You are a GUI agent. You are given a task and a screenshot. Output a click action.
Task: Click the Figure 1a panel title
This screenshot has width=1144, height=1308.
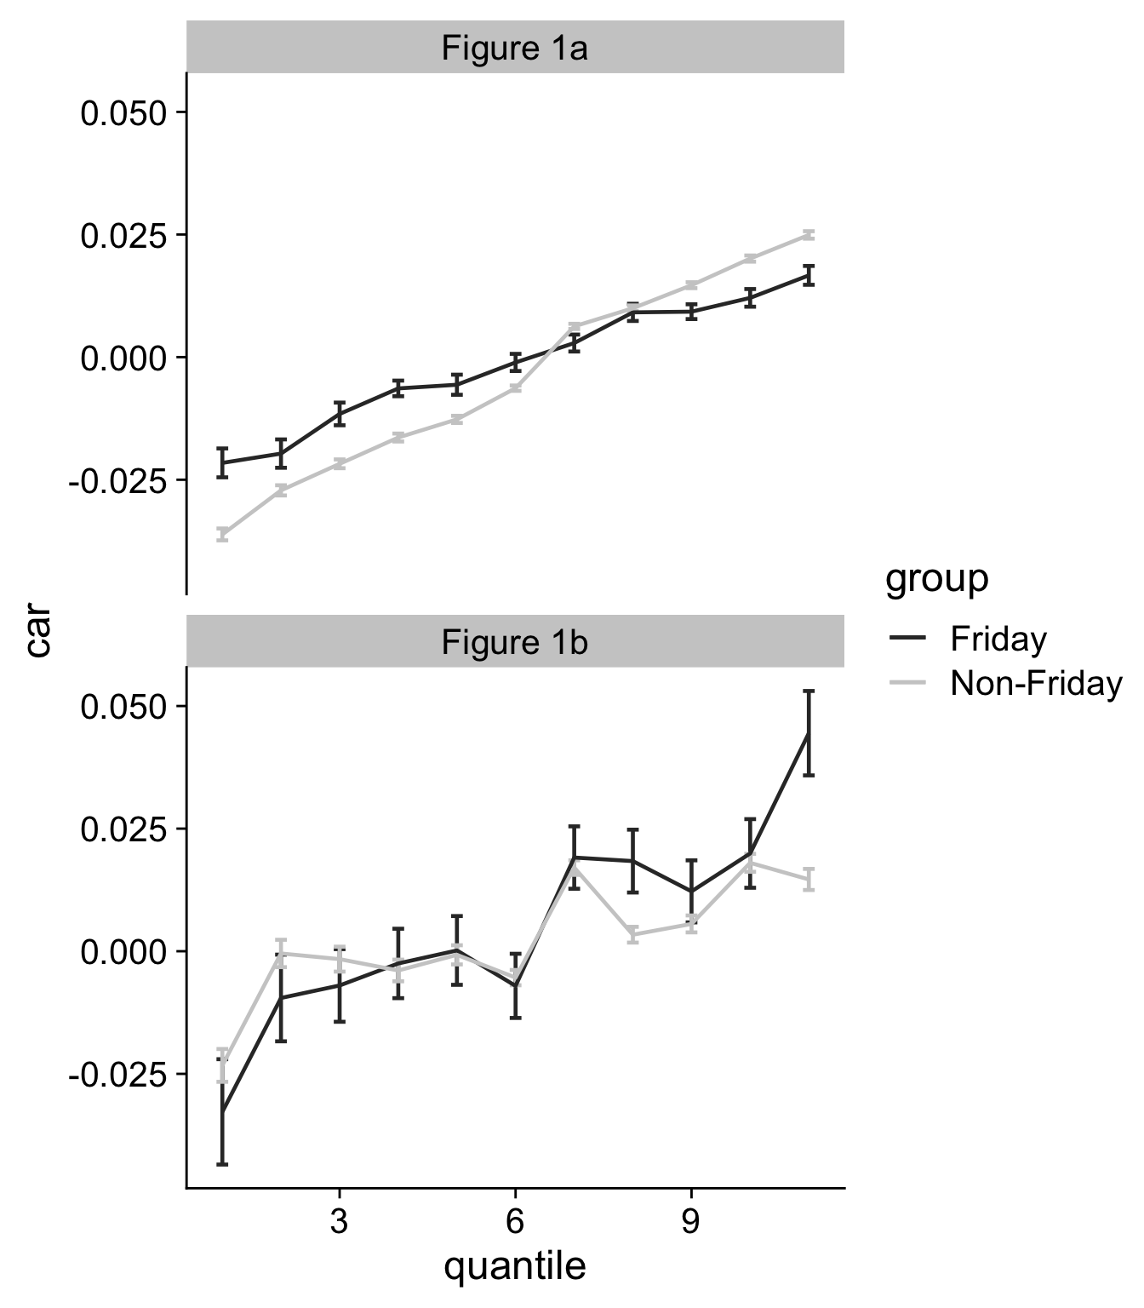514,49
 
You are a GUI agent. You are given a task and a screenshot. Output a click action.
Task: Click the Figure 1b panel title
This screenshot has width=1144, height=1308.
514,642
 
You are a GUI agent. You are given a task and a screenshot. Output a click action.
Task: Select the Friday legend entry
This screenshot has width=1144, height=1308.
998,639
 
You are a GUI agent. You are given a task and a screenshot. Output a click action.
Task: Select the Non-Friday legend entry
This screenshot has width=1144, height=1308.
1036,683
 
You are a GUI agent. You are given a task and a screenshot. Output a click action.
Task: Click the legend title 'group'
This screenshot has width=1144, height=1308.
936,579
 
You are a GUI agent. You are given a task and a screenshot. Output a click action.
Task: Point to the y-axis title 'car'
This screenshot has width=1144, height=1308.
37,631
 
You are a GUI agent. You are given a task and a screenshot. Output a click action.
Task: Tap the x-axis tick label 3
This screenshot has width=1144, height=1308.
339,1223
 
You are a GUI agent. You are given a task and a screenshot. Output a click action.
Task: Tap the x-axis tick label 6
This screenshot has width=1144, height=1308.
514,1223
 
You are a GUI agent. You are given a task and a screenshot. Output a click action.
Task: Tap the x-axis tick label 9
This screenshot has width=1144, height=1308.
690,1223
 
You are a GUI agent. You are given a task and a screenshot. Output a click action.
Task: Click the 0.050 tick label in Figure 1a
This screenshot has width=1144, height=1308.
121,112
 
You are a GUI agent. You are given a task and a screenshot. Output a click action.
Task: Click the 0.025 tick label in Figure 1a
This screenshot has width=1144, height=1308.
121,235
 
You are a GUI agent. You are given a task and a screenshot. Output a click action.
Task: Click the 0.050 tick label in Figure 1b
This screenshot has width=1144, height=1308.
121,707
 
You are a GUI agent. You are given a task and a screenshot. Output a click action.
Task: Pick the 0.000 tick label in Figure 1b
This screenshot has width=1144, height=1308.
121,952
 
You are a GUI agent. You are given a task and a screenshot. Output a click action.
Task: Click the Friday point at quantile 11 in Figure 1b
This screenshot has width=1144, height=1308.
809,732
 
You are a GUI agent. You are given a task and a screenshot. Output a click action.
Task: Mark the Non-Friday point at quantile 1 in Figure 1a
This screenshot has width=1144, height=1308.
222,535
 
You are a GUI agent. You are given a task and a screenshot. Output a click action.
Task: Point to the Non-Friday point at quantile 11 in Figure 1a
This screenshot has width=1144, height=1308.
809,234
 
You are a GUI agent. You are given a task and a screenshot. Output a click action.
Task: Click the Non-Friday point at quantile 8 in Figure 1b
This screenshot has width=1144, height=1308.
632,935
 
